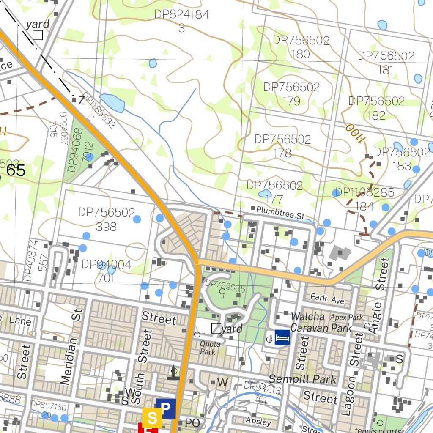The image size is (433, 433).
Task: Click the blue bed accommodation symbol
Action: click(282, 337)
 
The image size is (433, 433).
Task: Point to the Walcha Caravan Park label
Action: click(321, 322)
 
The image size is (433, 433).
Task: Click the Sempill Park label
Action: click(303, 379)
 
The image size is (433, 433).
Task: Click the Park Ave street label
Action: click(327, 299)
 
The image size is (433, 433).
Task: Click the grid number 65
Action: click(16, 170)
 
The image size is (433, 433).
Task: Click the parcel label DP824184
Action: click(182, 15)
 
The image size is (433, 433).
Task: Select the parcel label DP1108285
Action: click(364, 193)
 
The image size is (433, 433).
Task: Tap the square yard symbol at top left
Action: click(38, 35)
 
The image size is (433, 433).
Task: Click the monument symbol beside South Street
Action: click(173, 373)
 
